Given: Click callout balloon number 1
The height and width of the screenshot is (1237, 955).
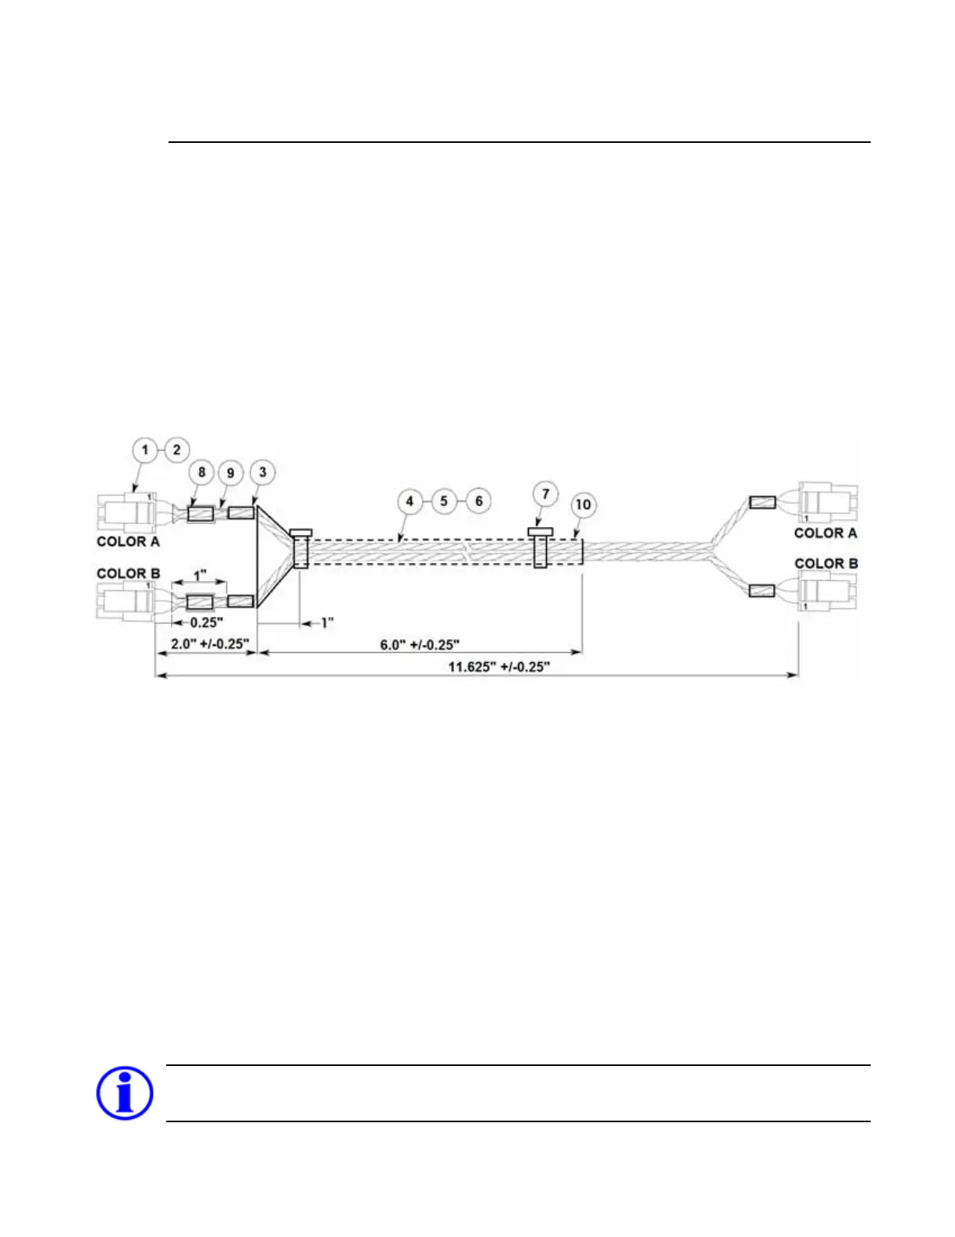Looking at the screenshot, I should pyautogui.click(x=144, y=450).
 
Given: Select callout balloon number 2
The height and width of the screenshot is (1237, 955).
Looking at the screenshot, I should pyautogui.click(x=177, y=450).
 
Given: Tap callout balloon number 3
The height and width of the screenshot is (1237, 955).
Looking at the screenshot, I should pyautogui.click(x=263, y=472).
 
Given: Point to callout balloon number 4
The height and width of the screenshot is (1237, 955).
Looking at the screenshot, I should pyautogui.click(x=410, y=501).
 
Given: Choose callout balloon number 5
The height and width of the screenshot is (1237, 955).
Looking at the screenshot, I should pyautogui.click(x=444, y=501).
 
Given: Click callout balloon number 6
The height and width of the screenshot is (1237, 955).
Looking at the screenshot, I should pyautogui.click(x=478, y=501).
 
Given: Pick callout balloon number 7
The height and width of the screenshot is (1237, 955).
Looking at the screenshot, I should pyautogui.click(x=545, y=494).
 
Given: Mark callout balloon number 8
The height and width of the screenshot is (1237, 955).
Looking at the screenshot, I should pyautogui.click(x=202, y=472).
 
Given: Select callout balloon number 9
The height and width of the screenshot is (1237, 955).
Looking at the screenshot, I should pyautogui.click(x=230, y=472).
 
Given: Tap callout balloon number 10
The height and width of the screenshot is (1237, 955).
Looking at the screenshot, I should pyautogui.click(x=583, y=504).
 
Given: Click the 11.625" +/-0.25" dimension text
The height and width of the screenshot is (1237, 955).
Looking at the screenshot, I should pyautogui.click(x=499, y=667).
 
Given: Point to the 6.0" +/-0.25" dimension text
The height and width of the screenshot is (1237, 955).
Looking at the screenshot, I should pyautogui.click(x=419, y=644).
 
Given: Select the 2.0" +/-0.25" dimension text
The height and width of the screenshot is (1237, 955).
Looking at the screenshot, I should pyautogui.click(x=210, y=644).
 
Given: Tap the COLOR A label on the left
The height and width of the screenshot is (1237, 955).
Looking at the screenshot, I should pyautogui.click(x=128, y=541).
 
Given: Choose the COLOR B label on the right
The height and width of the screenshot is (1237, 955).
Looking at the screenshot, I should pyautogui.click(x=826, y=563).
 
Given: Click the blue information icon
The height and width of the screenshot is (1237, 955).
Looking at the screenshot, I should pyautogui.click(x=124, y=1093).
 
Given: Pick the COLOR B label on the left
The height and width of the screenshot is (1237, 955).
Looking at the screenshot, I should pyautogui.click(x=128, y=573).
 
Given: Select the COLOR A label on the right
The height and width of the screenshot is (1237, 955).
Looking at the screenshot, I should pyautogui.click(x=825, y=533).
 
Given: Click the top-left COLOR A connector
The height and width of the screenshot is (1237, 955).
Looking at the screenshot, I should pyautogui.click(x=125, y=512).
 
